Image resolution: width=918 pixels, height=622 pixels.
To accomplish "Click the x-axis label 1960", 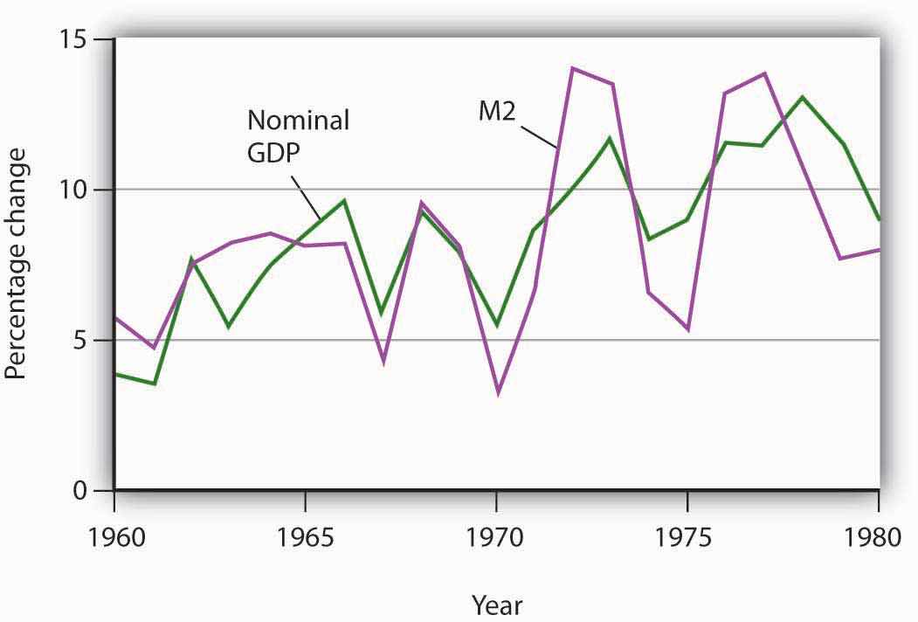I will (x=114, y=535).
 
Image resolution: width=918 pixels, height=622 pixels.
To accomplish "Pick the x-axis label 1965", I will (x=305, y=535).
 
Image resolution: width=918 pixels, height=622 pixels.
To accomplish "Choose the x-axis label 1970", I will (x=496, y=535).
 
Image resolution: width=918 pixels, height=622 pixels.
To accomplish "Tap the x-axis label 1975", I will (x=687, y=535).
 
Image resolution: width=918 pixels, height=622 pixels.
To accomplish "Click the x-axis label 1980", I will (x=876, y=535).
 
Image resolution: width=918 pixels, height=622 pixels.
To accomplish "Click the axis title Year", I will (x=497, y=603).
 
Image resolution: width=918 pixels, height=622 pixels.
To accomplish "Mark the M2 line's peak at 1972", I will (x=572, y=68).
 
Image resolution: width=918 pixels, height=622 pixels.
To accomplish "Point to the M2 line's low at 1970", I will (x=497, y=394).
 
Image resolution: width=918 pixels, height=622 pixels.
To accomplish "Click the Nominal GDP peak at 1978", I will (x=802, y=97).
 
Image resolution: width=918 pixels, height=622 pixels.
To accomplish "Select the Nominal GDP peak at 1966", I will (x=344, y=200).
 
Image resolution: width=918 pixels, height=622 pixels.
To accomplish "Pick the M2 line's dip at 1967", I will (x=383, y=362).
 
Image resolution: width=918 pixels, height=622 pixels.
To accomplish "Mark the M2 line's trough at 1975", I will (x=687, y=330).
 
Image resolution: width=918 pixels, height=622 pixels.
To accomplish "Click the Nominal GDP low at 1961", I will (x=153, y=384).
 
